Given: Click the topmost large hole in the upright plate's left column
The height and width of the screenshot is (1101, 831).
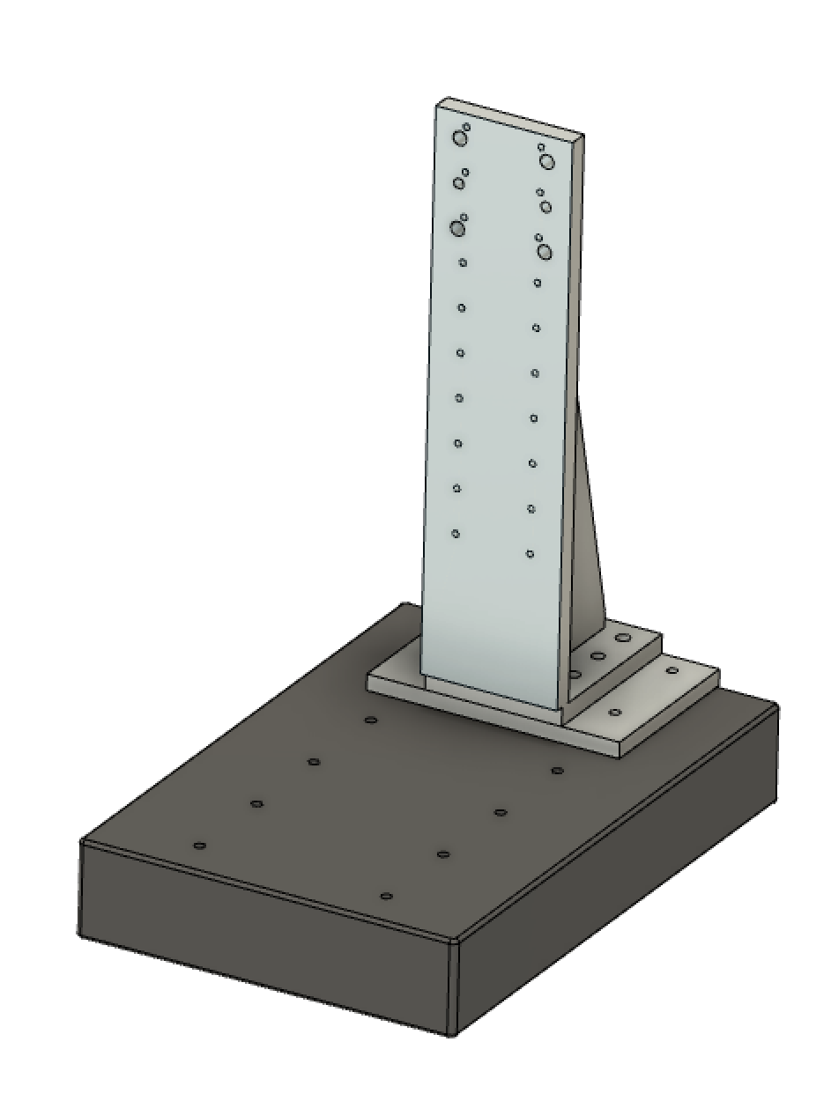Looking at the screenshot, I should point(459,138).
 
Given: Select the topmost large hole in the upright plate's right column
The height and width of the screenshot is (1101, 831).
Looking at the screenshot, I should point(547,161).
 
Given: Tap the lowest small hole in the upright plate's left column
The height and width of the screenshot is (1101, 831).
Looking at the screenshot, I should point(456,534).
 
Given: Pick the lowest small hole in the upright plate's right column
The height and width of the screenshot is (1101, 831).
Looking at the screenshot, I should point(530,554).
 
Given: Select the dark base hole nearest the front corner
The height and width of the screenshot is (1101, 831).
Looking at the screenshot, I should point(386,896).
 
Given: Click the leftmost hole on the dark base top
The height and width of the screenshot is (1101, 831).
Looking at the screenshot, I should point(200,846).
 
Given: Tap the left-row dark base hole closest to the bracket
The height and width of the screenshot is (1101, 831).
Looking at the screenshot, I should point(371,720).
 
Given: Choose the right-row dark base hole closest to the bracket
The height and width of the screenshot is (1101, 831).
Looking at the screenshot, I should point(557,771).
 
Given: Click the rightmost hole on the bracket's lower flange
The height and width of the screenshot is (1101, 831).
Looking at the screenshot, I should point(672,670).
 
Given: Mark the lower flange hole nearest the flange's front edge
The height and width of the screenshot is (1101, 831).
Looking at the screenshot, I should point(615,712).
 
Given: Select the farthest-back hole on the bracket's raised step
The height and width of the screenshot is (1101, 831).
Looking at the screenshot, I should point(624,637).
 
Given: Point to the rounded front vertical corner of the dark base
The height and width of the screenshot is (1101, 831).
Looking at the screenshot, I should point(454,986).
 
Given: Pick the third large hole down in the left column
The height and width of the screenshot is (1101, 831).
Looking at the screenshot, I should point(456,228).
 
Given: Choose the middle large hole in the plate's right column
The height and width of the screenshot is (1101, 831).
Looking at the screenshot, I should point(545,207).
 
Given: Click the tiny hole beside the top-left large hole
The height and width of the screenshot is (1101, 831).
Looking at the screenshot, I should point(466,127).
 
